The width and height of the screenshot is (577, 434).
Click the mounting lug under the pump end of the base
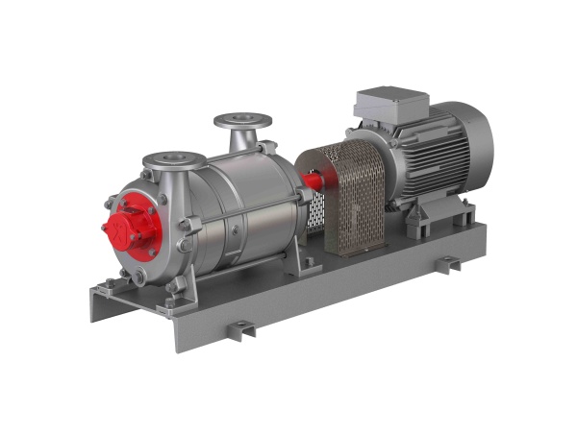[x=239, y=330]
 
